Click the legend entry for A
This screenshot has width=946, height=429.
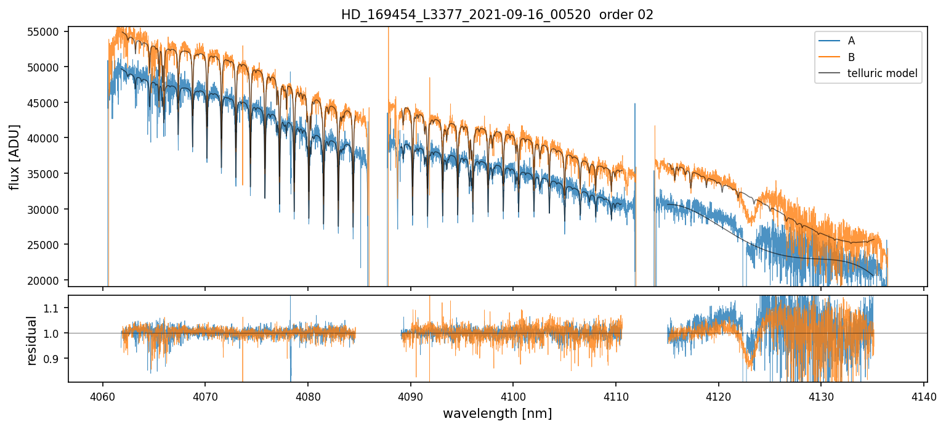(851, 41)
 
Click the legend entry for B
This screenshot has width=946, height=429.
(851, 57)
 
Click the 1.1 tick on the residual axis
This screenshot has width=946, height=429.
(54, 308)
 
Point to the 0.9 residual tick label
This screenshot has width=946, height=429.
(54, 359)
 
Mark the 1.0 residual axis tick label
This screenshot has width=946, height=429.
(54, 333)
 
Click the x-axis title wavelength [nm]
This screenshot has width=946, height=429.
(497, 413)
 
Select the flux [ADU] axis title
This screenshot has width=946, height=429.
(14, 157)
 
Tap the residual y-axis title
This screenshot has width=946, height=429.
(31, 340)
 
